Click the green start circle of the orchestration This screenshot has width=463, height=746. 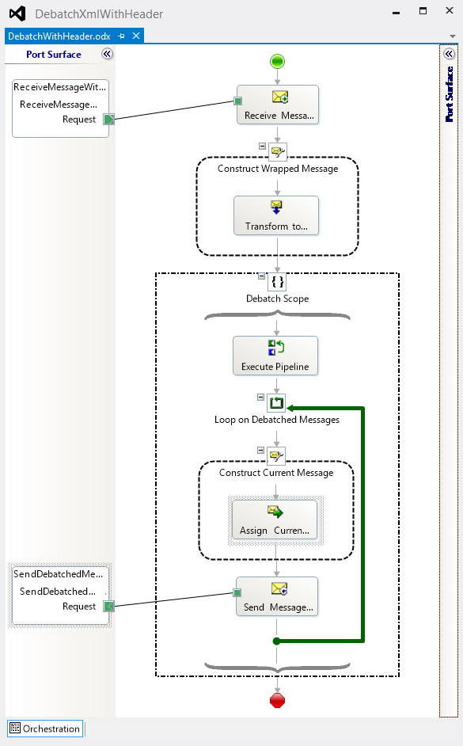click(277, 61)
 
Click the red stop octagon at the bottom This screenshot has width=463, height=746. click(277, 700)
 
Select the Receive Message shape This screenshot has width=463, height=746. click(278, 105)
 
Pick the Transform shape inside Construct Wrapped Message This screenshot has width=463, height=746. click(276, 215)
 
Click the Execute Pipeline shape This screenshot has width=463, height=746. click(275, 356)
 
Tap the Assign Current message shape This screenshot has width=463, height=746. click(275, 520)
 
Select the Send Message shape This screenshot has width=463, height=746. click(277, 596)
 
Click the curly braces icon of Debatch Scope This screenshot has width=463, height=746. click(277, 282)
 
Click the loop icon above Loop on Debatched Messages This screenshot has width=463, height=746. click(276, 403)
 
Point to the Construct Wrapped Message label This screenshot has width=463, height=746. click(278, 169)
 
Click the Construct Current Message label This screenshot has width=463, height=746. click(276, 473)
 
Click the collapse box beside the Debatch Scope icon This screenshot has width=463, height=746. click(261, 276)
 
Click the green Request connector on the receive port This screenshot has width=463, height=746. click(109, 119)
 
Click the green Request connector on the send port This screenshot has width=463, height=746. click(109, 606)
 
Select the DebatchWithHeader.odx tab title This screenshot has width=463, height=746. click(59, 36)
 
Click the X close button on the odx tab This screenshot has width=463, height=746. click(136, 36)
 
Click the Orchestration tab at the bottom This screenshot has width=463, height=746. click(45, 729)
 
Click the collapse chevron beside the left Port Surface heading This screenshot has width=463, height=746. click(108, 54)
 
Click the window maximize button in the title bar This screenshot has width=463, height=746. click(423, 10)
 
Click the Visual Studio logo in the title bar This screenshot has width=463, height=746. click(17, 13)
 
